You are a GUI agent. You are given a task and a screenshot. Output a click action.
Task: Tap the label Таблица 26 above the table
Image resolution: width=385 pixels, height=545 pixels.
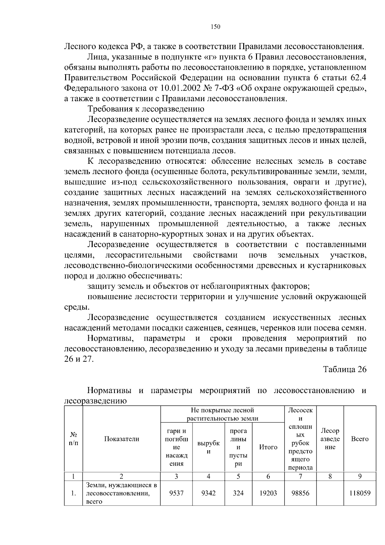344,369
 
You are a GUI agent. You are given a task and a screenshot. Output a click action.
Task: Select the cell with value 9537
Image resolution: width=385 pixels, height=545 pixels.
176,493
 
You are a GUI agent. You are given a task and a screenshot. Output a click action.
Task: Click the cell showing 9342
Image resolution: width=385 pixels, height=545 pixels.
208,493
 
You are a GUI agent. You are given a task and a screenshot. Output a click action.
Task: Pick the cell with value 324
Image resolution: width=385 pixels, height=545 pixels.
238,493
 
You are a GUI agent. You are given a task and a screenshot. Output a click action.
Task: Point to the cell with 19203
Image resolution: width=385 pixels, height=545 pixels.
268,493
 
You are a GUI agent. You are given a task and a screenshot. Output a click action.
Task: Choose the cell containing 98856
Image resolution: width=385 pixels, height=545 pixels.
300,493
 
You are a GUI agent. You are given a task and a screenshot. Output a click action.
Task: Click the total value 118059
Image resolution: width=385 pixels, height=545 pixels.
360,493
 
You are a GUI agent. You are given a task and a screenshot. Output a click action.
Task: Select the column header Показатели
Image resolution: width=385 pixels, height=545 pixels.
122,439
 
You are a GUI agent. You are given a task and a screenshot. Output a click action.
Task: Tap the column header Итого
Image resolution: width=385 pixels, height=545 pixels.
268,447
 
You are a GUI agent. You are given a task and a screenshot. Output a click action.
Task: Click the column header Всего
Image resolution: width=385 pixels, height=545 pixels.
360,439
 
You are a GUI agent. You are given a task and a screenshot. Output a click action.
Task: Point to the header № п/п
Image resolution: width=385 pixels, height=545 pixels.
73,439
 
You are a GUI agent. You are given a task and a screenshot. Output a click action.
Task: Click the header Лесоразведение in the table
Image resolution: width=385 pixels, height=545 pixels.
330,439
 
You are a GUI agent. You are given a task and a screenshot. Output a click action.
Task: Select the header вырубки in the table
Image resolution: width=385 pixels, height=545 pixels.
208,447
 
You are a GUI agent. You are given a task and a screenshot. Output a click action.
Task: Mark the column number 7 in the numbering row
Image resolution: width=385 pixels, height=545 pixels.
300,477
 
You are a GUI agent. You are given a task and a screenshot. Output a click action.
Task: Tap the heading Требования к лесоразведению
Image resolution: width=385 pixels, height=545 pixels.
146,109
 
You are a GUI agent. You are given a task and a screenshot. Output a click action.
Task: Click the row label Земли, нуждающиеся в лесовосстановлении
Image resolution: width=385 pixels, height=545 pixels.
121,493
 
